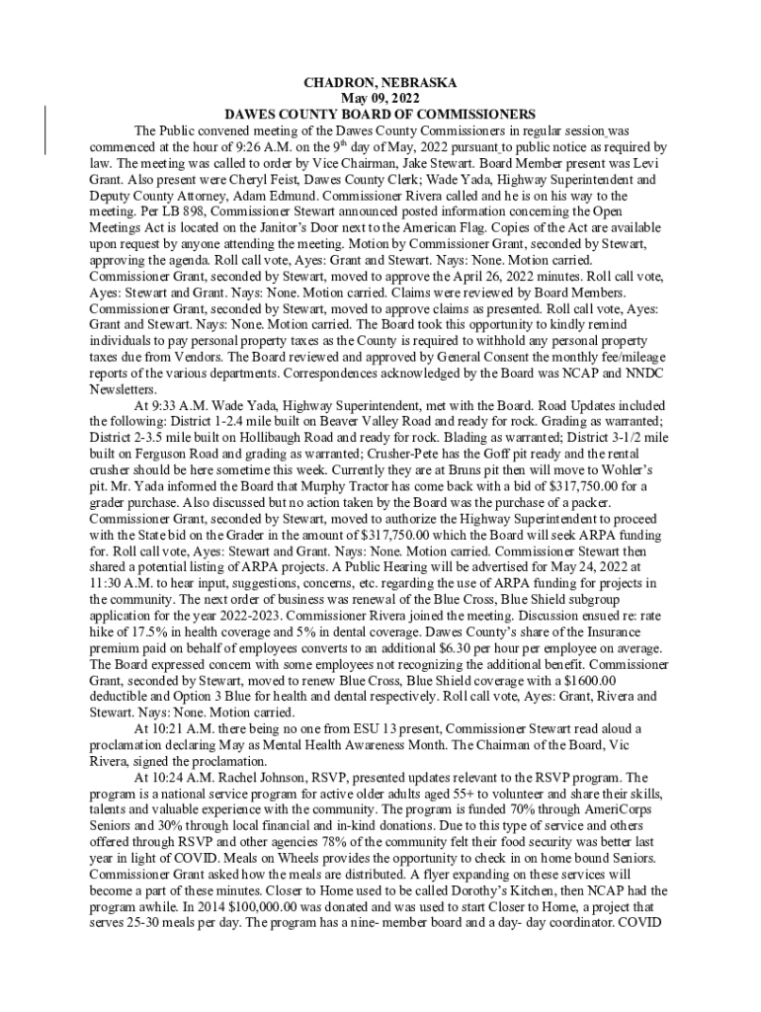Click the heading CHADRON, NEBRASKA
point(380,83)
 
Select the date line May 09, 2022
point(380,99)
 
